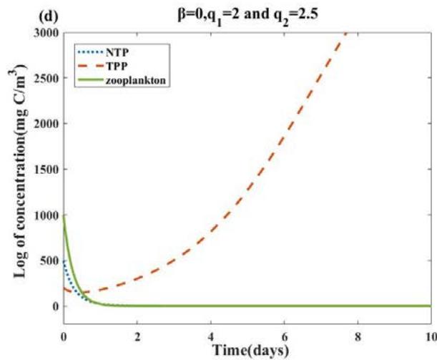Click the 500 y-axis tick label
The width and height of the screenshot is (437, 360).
point(47,261)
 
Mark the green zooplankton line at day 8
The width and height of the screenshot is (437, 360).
point(357,306)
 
